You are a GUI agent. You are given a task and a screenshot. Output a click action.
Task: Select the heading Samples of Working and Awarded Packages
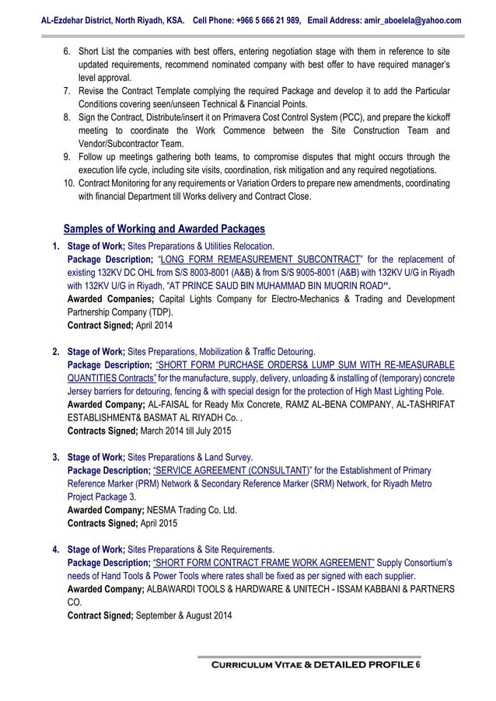coord(164,229)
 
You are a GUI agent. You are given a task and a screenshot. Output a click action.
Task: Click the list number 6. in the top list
coord(67,51)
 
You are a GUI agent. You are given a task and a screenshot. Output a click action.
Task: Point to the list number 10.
coord(69,183)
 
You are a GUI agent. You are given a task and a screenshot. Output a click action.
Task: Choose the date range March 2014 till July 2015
coord(184,430)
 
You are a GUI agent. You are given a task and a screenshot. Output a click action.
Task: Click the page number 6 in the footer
coord(417,666)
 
